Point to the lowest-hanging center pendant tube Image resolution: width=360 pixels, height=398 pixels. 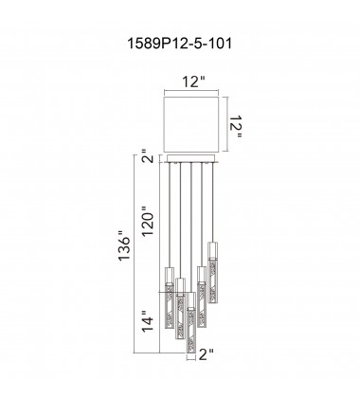[191, 327]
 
